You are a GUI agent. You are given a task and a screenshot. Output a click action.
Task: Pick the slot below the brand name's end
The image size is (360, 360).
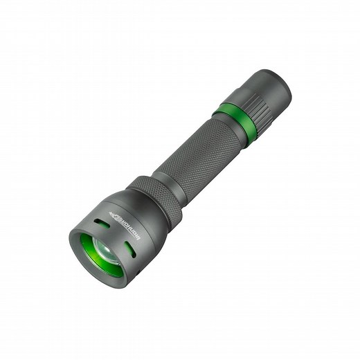129,249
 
